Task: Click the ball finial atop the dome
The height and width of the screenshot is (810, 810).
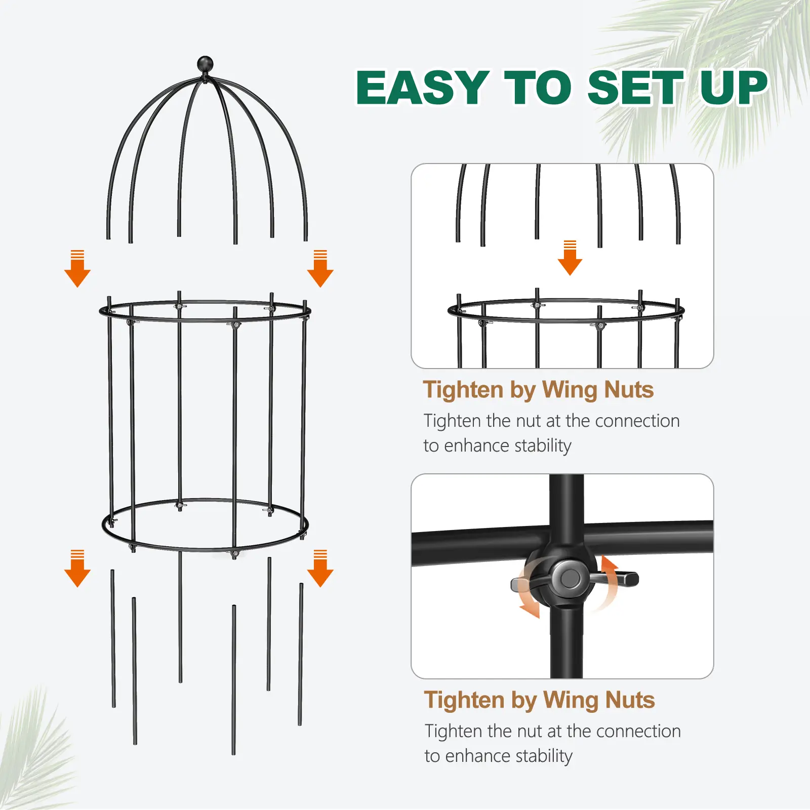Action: click(x=205, y=64)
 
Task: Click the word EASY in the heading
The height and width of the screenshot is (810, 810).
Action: click(x=423, y=88)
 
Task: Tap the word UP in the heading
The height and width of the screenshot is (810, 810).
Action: click(x=734, y=88)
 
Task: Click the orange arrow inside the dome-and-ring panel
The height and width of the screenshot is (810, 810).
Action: click(x=570, y=258)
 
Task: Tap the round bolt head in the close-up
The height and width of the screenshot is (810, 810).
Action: click(x=571, y=578)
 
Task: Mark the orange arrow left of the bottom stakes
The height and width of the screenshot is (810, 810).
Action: click(x=77, y=569)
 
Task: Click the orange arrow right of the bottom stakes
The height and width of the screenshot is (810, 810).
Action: click(x=320, y=569)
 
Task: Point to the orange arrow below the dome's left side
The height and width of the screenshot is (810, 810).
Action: click(x=77, y=269)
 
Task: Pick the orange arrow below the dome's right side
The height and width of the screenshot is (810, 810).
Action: click(x=320, y=269)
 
